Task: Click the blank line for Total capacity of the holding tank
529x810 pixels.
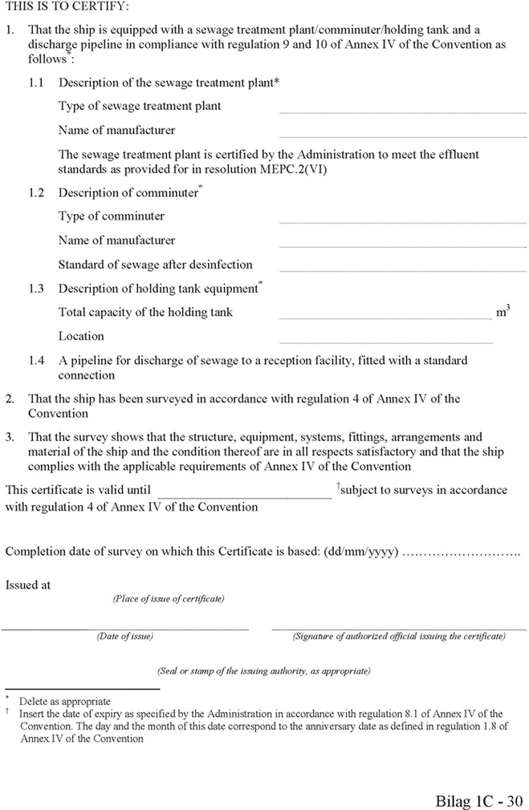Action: pos(385,318)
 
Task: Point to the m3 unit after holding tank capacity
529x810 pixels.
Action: pos(503,312)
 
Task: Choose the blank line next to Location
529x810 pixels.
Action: pos(385,342)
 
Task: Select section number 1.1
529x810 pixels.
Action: pos(37,83)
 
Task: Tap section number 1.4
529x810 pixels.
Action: pos(37,361)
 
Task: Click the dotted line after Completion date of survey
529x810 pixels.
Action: pos(461,553)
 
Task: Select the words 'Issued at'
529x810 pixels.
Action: pos(28,585)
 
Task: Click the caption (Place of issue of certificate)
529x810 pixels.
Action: pos(169,599)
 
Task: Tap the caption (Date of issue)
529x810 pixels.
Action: pos(125,636)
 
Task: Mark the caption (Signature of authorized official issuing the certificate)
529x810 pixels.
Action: pos(399,636)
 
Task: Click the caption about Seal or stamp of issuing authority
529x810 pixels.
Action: pos(264,670)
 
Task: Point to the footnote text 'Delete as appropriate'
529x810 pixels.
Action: pos(65,702)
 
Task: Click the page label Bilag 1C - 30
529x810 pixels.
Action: pos(479,800)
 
